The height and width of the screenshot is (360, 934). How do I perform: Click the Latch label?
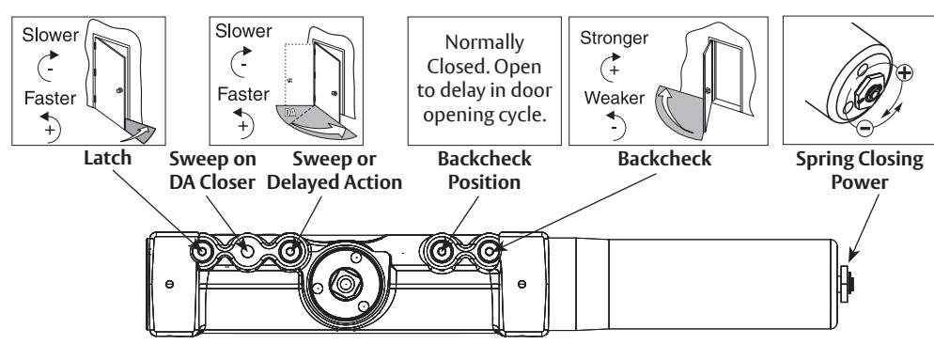click(107, 159)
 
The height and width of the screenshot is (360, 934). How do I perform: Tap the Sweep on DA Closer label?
click(212, 170)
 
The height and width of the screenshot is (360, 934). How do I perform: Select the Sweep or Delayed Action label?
click(335, 170)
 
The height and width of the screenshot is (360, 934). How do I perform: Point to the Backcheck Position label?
click(484, 170)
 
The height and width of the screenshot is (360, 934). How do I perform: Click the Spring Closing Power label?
click(860, 170)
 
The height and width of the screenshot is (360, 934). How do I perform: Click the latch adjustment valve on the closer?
click(202, 251)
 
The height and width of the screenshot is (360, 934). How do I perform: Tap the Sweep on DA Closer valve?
click(246, 251)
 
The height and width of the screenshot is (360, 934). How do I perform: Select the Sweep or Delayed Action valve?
click(290, 251)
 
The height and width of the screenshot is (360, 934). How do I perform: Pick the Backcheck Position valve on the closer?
click(441, 251)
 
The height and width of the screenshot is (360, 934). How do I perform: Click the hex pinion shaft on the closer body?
click(346, 284)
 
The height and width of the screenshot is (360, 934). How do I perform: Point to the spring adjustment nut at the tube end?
click(846, 283)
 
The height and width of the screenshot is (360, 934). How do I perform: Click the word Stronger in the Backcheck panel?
click(614, 39)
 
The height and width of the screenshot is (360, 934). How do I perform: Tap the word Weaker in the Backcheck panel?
click(615, 97)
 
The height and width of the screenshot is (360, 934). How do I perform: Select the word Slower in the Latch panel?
click(50, 35)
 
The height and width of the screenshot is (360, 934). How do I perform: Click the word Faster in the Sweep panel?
click(243, 94)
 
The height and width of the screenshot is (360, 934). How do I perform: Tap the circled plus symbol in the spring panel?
click(904, 72)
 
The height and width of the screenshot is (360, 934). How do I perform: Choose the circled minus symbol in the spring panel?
click(864, 127)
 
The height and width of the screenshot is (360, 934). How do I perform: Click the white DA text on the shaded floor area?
click(290, 112)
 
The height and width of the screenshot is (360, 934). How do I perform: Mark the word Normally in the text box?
click(484, 42)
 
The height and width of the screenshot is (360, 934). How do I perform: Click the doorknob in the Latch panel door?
click(120, 90)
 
